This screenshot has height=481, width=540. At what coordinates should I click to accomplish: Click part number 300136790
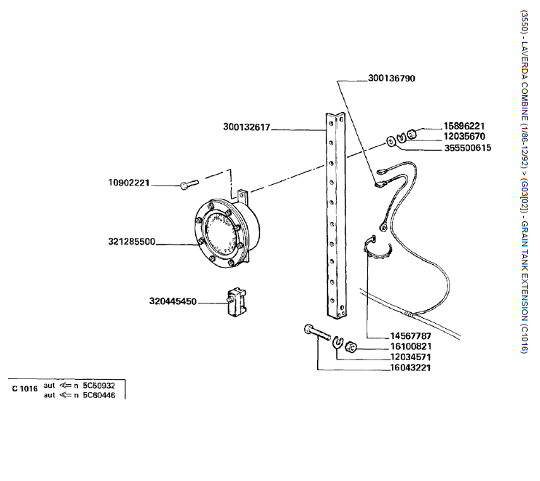point(391,78)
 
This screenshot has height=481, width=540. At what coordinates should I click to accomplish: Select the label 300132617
point(246,127)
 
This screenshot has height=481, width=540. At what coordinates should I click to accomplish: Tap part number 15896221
point(464,126)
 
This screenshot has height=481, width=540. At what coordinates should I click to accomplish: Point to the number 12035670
point(464,137)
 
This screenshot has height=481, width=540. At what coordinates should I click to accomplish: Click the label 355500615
point(468,148)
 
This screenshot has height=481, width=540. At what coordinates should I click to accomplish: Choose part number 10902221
point(129,183)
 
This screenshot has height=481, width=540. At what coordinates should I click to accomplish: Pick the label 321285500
point(132,242)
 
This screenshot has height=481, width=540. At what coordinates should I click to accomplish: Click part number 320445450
point(173,301)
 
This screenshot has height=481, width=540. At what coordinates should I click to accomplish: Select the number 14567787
point(410,336)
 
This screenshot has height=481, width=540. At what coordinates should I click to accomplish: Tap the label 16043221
point(410,368)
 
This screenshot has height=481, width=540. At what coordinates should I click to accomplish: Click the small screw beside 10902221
point(189,184)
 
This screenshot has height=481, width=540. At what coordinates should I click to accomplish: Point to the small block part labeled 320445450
point(237,302)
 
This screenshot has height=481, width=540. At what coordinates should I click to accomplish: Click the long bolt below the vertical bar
point(317,331)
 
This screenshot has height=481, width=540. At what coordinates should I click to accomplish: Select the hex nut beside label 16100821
point(351,347)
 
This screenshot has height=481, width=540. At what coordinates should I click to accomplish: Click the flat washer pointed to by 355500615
point(391,141)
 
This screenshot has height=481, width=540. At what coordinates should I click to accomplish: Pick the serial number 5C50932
point(99,386)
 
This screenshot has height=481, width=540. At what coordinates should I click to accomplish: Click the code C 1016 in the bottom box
point(25,389)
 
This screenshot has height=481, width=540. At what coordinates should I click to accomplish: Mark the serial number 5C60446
point(99,395)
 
